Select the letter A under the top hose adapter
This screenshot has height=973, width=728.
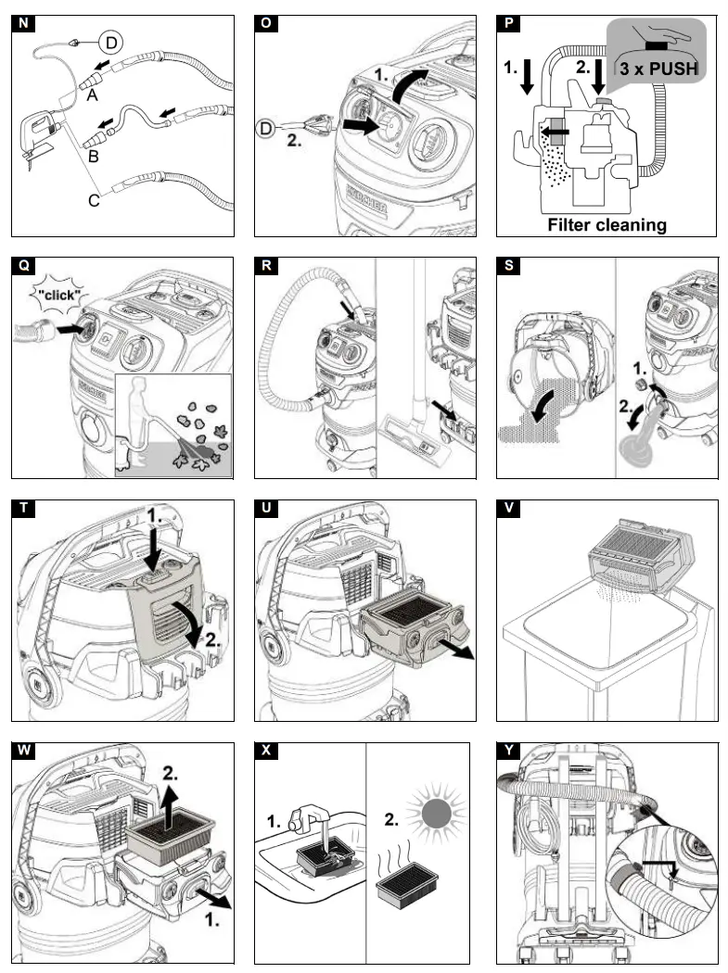(92, 94)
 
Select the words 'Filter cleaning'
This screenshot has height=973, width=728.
(607, 224)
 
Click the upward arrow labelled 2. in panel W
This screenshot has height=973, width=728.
(167, 793)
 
